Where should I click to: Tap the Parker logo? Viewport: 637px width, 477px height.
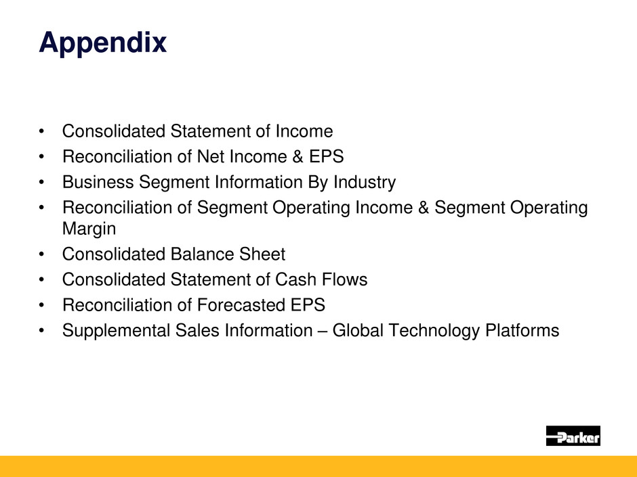pos(573,436)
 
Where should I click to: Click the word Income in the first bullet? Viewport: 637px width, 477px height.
pos(304,131)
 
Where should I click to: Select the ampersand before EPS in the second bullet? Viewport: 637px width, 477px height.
pos(297,156)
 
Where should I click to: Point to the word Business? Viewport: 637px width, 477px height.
pos(98,182)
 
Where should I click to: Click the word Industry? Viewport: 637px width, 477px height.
pos(365,183)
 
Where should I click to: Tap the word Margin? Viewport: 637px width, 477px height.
pos(89,229)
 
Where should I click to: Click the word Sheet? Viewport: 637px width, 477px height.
pos(262,254)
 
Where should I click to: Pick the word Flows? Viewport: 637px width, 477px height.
pos(344,279)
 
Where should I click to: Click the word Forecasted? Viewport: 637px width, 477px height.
pos(241,305)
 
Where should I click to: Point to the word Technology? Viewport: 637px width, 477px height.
pos(434,331)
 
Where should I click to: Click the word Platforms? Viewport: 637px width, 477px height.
pos(522,330)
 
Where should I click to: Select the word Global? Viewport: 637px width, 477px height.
pos(358,330)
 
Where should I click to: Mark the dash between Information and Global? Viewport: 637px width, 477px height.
pos(323,332)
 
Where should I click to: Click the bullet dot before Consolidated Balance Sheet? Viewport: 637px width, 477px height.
pos(41,254)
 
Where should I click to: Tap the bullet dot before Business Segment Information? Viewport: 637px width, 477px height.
pos(41,183)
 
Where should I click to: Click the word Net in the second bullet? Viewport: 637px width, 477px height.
pos(211,156)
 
